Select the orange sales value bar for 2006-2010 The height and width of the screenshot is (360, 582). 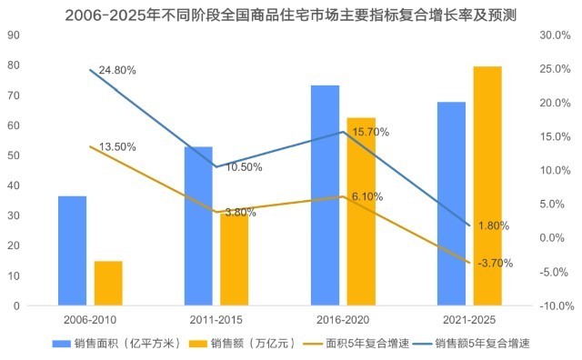(108, 283)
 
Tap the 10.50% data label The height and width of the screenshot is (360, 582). (244, 167)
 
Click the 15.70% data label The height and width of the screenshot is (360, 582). (370, 132)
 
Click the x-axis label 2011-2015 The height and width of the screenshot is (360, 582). (216, 320)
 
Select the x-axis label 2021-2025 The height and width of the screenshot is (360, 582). (469, 320)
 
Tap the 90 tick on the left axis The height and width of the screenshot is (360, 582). (14, 35)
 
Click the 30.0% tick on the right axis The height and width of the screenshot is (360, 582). (555, 35)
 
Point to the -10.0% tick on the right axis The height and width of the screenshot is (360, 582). (553, 305)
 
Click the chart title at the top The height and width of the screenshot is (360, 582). (291, 14)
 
